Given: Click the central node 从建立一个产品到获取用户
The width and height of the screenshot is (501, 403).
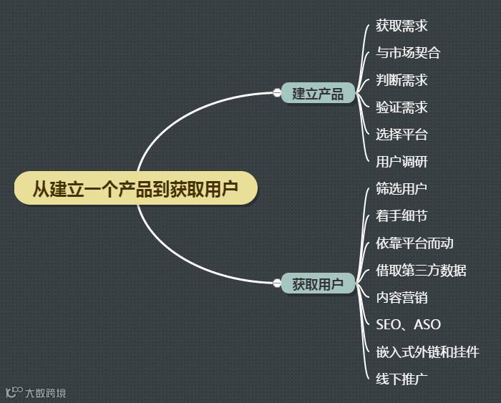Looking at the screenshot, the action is (135, 189).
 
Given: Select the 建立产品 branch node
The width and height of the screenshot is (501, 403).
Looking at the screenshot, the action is (318, 93).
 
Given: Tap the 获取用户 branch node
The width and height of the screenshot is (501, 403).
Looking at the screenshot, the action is (318, 283).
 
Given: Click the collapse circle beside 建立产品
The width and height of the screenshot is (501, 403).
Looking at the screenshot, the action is (277, 92).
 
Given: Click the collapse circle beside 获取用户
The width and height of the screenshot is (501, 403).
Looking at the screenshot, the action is (277, 283).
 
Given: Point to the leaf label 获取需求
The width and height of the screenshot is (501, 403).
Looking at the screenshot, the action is (402, 26).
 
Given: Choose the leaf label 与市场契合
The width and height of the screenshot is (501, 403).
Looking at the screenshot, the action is (408, 53).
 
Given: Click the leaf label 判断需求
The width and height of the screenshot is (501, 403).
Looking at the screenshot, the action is (402, 80).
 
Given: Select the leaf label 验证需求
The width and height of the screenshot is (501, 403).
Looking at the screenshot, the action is (402, 107).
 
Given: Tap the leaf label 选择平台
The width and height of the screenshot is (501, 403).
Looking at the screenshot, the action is (402, 135).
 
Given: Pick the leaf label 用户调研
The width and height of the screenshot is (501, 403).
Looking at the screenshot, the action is (402, 162).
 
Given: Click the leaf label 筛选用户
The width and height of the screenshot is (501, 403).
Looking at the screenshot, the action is (402, 189).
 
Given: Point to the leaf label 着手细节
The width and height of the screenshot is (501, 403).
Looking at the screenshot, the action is (402, 216).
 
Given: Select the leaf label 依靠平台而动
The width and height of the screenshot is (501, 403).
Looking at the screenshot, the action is (414, 243).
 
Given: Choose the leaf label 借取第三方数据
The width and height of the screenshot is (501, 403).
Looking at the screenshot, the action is (421, 271).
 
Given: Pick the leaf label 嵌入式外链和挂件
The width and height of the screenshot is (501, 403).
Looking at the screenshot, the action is (427, 352).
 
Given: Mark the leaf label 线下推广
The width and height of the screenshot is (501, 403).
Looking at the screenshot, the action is (402, 379).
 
